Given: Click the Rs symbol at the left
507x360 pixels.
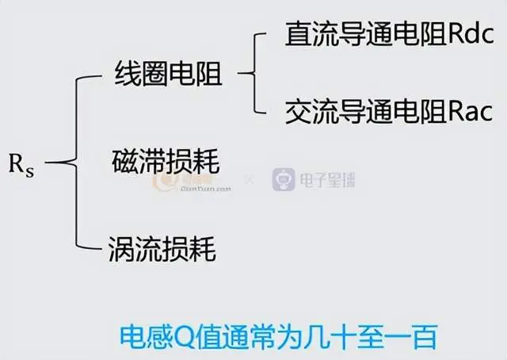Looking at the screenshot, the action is (x=21, y=166).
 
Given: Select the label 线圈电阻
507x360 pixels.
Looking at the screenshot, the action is (x=168, y=74).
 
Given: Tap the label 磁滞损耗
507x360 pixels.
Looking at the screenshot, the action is (x=166, y=161).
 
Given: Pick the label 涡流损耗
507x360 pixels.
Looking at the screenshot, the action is (x=162, y=249).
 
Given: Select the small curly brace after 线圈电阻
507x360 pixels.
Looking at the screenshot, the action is (x=253, y=74).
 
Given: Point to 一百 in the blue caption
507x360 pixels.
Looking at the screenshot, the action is (x=410, y=337).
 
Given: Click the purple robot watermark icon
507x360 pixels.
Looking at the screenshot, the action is (x=284, y=179).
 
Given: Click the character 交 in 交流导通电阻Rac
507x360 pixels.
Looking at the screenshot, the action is (x=298, y=111).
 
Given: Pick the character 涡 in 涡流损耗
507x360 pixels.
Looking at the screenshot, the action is (x=121, y=249).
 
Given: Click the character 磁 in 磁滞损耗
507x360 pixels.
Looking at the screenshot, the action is (x=125, y=161).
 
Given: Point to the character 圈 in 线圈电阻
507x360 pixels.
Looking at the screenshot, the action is (x=154, y=74).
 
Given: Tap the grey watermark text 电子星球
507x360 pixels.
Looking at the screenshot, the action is (x=327, y=180).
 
